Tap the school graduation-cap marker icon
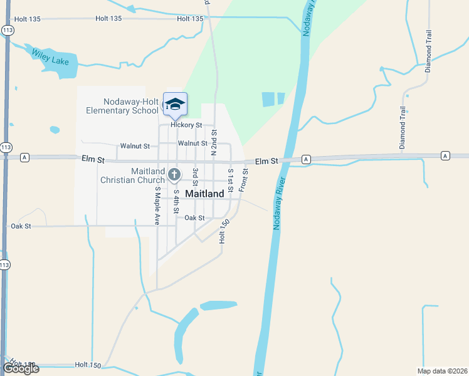(x=175, y=104)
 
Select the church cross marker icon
(x=175, y=175)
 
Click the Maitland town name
(x=204, y=194)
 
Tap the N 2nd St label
(x=214, y=142)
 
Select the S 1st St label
(x=231, y=180)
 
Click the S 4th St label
(x=177, y=201)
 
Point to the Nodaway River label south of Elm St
(x=279, y=202)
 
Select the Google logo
(x=21, y=368)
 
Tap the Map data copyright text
(x=442, y=371)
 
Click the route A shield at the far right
(x=445, y=155)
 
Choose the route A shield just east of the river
(x=305, y=160)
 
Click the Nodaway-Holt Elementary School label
(x=123, y=107)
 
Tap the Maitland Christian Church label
(x=132, y=175)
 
